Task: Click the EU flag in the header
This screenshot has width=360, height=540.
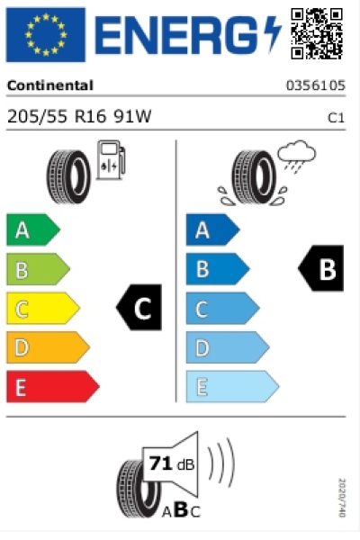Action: [x=46, y=34]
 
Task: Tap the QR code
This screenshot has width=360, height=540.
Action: [x=317, y=34]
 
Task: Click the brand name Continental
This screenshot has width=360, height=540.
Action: [x=50, y=85]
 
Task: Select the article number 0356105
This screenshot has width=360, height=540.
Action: [x=316, y=85]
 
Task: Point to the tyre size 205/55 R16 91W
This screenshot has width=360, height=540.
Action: [x=79, y=116]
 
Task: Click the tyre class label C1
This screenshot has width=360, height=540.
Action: [x=336, y=118]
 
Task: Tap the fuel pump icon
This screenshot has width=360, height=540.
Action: [x=111, y=160]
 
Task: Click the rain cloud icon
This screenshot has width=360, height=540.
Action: [x=296, y=156]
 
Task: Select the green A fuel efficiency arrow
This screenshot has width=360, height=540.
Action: [x=33, y=229]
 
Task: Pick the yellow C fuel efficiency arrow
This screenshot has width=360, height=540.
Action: [x=43, y=308]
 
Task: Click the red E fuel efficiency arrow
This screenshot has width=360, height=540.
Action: [x=53, y=386]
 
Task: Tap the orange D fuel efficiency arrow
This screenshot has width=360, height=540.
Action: [x=49, y=347]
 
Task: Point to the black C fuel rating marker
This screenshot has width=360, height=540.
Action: [x=139, y=308]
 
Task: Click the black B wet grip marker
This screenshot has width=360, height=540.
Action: [x=321, y=268]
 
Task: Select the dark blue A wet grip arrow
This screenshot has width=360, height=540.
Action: [x=213, y=229]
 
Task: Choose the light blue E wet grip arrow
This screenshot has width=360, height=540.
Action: [x=232, y=386]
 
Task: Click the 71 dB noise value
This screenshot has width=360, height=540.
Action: [x=172, y=463]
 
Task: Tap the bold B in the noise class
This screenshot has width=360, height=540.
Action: [x=181, y=509]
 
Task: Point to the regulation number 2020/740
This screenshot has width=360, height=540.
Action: [x=341, y=498]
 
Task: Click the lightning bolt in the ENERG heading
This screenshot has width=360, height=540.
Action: [x=272, y=33]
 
